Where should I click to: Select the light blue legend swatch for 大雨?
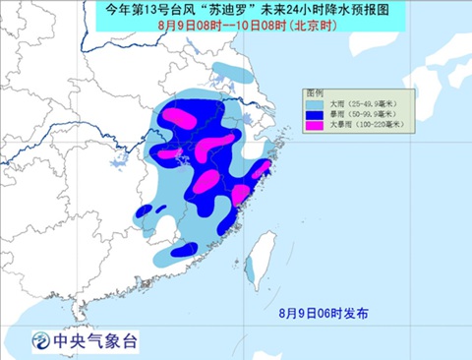315,103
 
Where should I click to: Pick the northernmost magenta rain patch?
178,117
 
